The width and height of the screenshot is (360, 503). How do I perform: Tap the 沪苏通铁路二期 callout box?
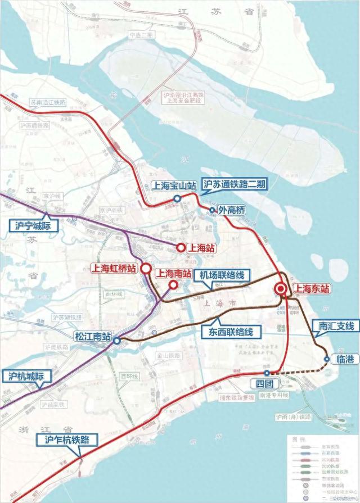click(236, 184)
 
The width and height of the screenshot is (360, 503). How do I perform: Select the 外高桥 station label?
click(232, 211)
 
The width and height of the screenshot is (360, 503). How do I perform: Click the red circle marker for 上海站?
click(181, 247)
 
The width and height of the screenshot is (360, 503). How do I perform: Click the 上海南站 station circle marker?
click(173, 285)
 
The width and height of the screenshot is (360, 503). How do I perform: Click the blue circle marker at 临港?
click(327, 359)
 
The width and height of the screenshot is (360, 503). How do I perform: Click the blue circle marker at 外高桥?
click(212, 211)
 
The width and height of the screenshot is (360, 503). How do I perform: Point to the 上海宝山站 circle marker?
click(177, 198)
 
